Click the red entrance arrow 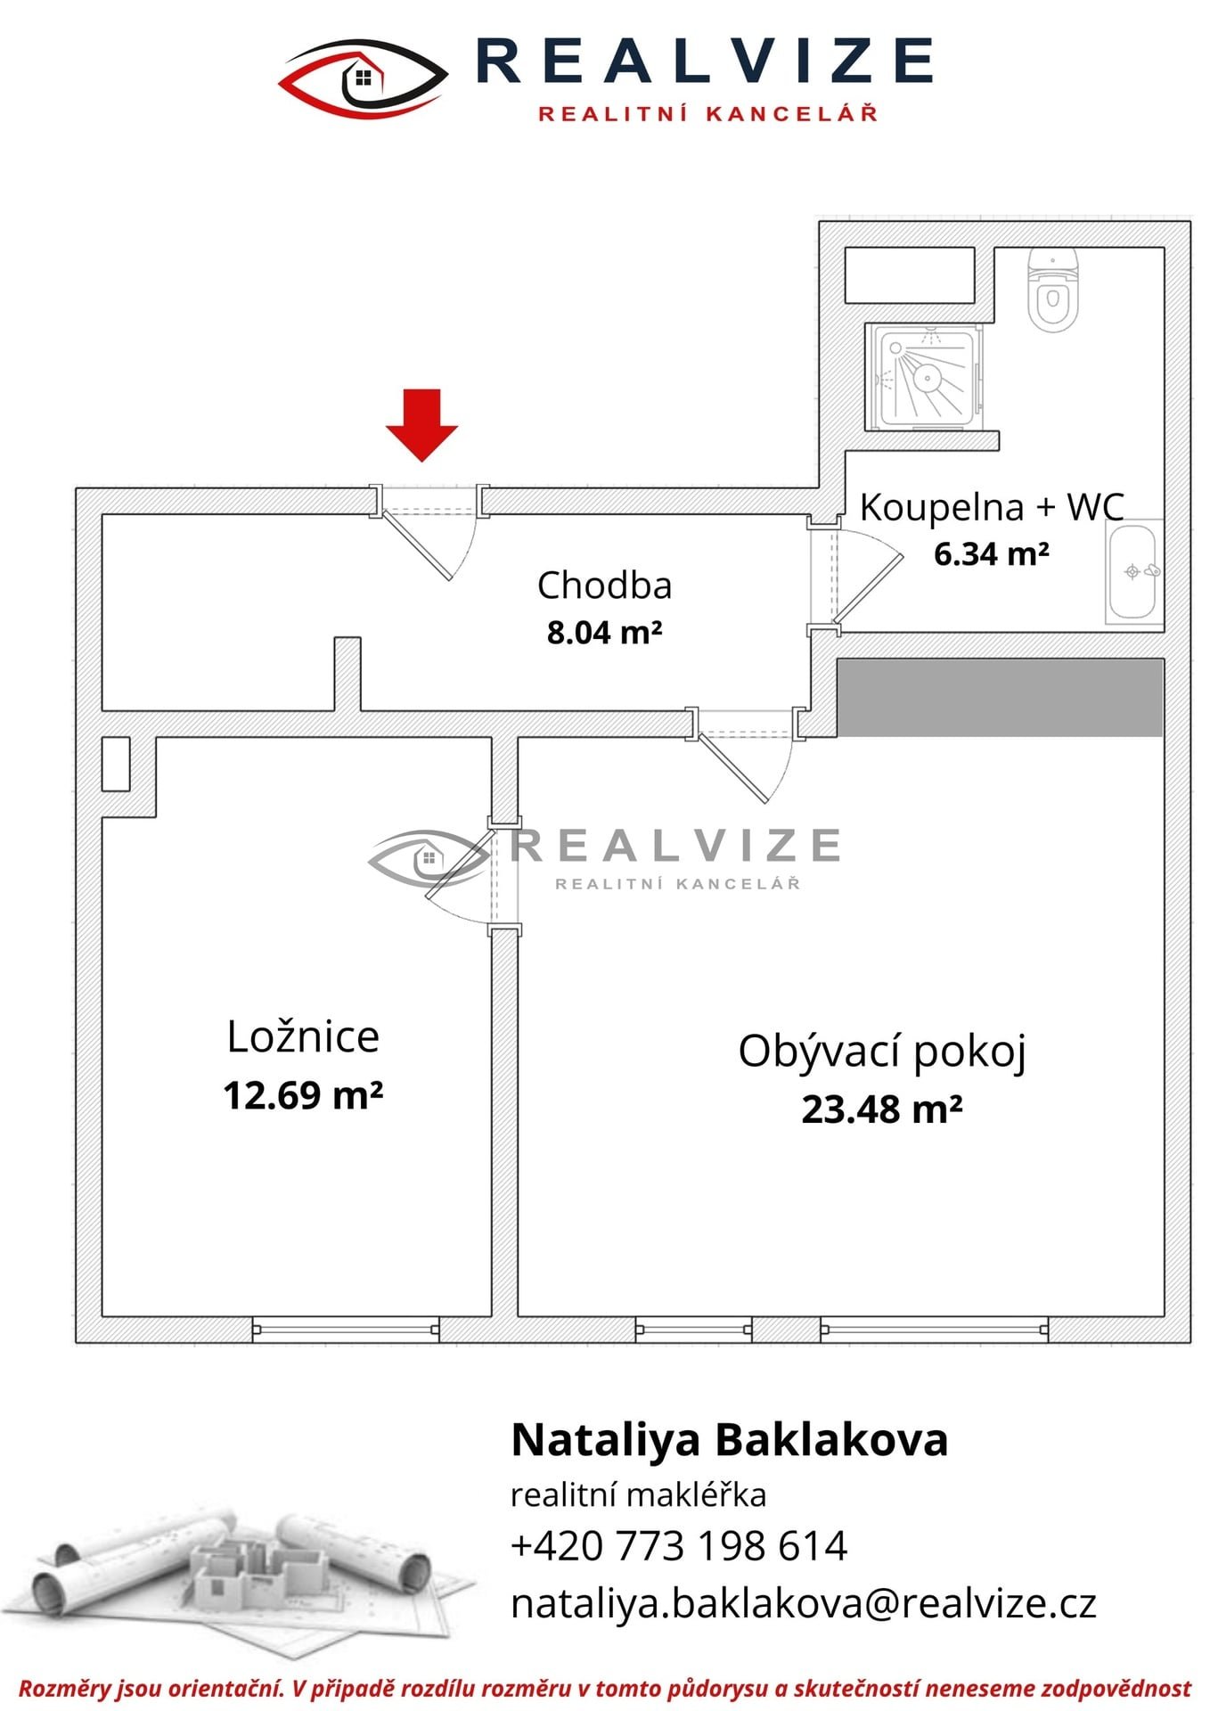421,425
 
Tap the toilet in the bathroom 1053,290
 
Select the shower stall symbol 928,376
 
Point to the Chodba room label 604,585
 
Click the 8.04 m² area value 604,633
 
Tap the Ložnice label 303,1036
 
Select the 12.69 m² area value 303,1095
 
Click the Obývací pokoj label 882,1052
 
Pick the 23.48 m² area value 882,1109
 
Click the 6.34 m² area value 992,554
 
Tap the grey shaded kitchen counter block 1000,698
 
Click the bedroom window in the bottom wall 346,1330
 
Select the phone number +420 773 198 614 679,1546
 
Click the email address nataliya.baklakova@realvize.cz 803,1603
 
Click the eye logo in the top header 364,78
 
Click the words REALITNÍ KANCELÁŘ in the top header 708,113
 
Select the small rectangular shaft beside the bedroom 116,764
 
